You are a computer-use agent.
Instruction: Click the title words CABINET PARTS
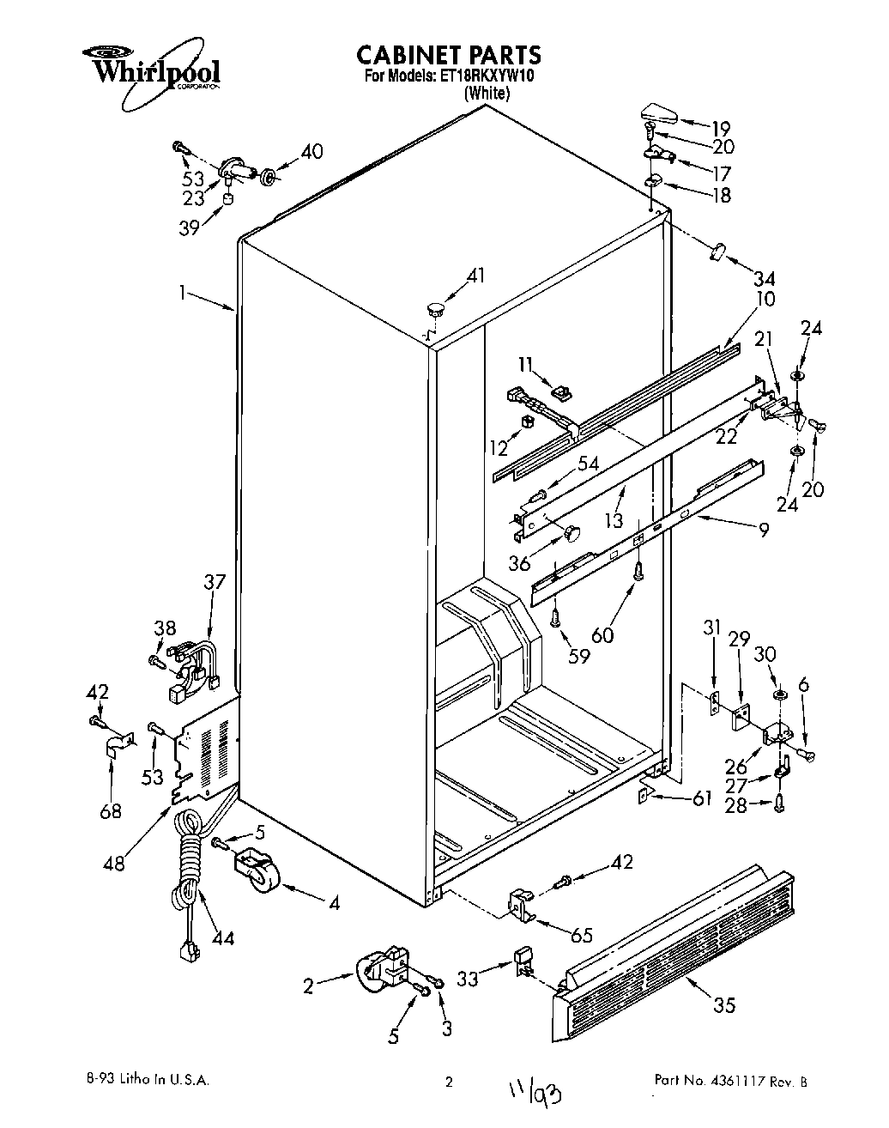[x=449, y=55]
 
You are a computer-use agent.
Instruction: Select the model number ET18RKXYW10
[x=487, y=76]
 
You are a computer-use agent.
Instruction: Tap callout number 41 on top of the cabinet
[x=475, y=276]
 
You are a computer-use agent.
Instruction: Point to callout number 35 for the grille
[x=724, y=1005]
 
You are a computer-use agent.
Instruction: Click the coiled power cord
[x=188, y=876]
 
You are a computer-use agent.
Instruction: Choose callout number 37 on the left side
[x=214, y=581]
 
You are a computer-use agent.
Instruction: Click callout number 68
[x=110, y=810]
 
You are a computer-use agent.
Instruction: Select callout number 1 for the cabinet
[x=182, y=292]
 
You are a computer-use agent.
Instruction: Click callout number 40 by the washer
[x=311, y=151]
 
